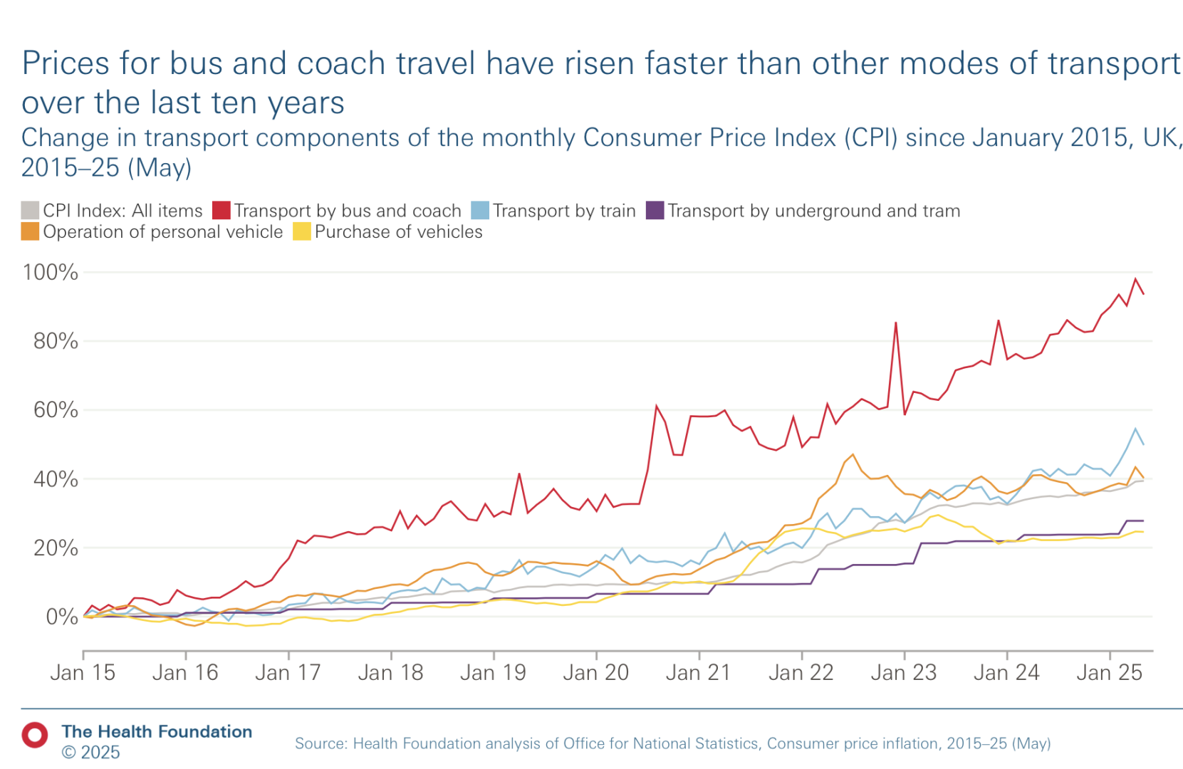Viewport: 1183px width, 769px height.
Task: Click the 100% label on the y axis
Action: pyautogui.click(x=50, y=272)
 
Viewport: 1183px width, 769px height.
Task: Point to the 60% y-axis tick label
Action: pyautogui.click(x=56, y=410)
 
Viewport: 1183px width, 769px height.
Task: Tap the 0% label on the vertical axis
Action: pyautogui.click(x=62, y=617)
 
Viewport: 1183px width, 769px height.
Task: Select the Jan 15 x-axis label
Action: pyautogui.click(x=83, y=672)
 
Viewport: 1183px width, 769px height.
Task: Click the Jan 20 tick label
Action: pyautogui.click(x=595, y=672)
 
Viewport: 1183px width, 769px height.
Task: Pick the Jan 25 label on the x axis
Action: pyautogui.click(x=1109, y=672)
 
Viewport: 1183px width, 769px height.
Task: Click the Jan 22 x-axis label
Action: pyautogui.click(x=801, y=672)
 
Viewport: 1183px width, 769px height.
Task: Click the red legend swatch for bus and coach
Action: pyautogui.click(x=222, y=211)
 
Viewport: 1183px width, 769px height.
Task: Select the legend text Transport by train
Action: pyautogui.click(x=563, y=211)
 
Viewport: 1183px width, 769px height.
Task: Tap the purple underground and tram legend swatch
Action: pyautogui.click(x=655, y=211)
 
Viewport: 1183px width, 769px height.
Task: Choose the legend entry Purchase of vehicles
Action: pyautogui.click(x=398, y=232)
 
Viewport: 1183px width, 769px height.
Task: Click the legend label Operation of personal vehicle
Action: pyautogui.click(x=162, y=232)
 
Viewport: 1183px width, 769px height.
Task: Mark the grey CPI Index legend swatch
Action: pyautogui.click(x=30, y=211)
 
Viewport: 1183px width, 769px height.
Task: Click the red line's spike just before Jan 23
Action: pyautogui.click(x=895, y=323)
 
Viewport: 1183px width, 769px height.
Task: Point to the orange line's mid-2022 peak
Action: pyautogui.click(x=853, y=455)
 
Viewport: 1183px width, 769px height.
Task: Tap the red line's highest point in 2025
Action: pyautogui.click(x=1135, y=279)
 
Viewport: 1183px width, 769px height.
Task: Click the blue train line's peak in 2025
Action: pyautogui.click(x=1135, y=429)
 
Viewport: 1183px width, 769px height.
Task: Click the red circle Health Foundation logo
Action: pyautogui.click(x=34, y=735)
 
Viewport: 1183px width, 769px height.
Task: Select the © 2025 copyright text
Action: pyautogui.click(x=90, y=753)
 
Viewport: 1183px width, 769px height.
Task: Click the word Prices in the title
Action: pyautogui.click(x=66, y=64)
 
